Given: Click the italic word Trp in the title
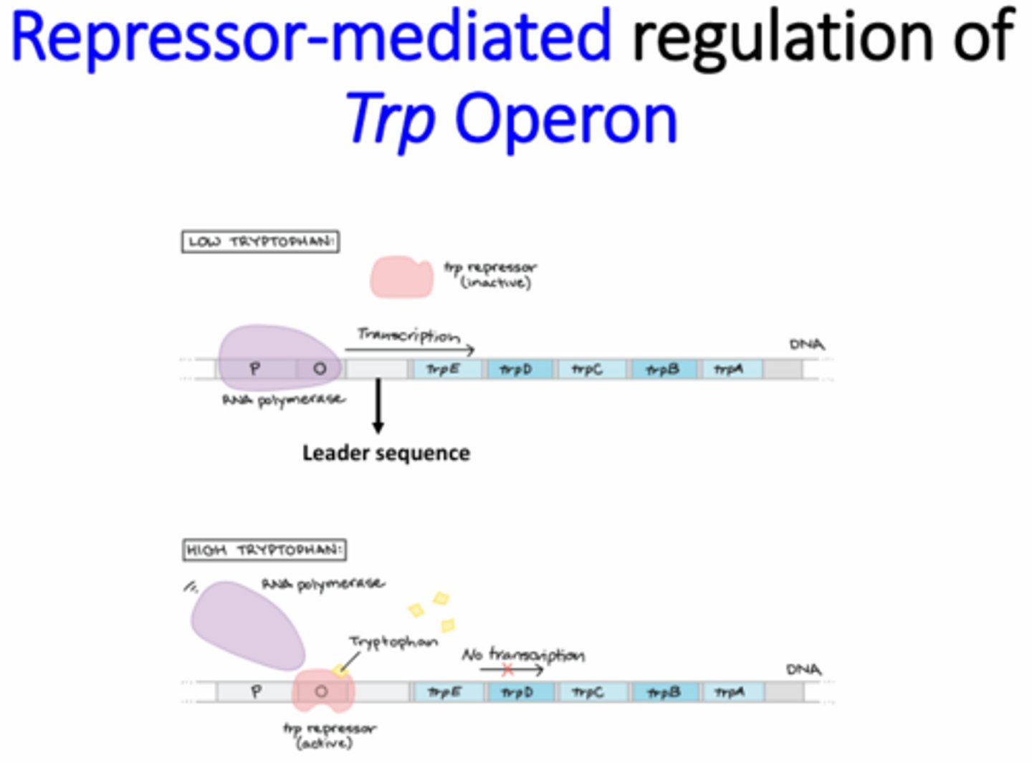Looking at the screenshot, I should [391, 118].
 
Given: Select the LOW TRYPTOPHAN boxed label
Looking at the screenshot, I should [260, 241].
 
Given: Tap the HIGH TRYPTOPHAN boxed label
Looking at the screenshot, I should [264, 550].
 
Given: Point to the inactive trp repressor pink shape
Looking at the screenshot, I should [401, 277].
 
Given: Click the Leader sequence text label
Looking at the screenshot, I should [386, 453].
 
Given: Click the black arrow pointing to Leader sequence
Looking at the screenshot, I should [378, 406].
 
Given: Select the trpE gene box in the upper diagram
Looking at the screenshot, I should [444, 369].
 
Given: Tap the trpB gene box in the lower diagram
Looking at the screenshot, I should [664, 692].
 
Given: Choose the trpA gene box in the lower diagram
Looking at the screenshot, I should [730, 692].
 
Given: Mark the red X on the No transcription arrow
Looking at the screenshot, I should [507, 670].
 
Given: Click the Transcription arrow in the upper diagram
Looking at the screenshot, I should [409, 349].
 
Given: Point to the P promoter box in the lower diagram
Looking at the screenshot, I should [256, 692].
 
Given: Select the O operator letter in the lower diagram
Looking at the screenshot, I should [321, 691].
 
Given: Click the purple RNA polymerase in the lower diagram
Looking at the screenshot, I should [247, 623].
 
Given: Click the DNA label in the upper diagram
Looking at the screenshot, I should [806, 345].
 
